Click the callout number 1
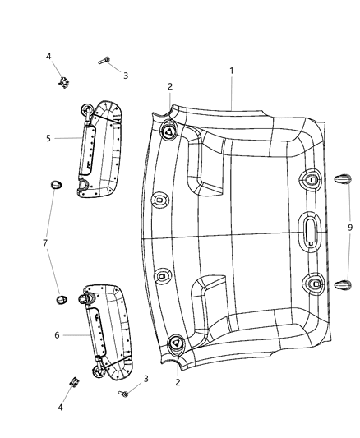point(231,71)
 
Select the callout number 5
point(49,138)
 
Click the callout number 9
point(349,227)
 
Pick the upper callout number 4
point(48,56)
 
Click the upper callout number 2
point(170,86)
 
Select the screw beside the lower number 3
point(126,394)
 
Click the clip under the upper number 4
point(62,81)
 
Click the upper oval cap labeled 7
point(55,184)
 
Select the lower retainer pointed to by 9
point(343,284)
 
